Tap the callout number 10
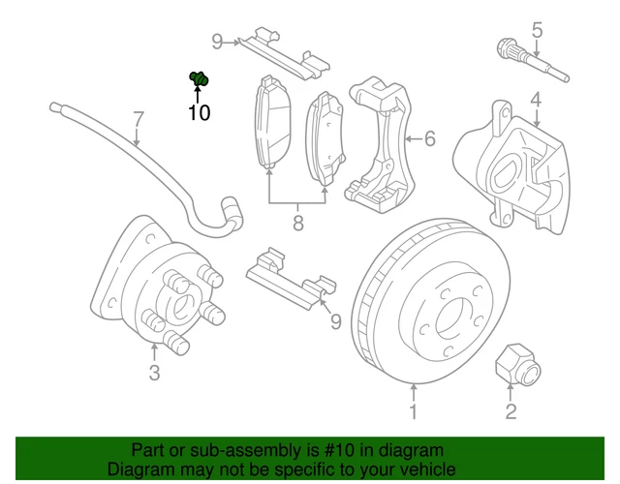click(x=199, y=113)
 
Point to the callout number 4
click(x=535, y=99)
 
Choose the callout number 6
click(x=429, y=139)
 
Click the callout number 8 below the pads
click(x=298, y=224)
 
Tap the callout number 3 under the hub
click(x=154, y=374)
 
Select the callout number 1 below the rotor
click(x=414, y=413)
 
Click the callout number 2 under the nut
click(x=511, y=413)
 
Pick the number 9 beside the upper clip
click(x=218, y=41)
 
